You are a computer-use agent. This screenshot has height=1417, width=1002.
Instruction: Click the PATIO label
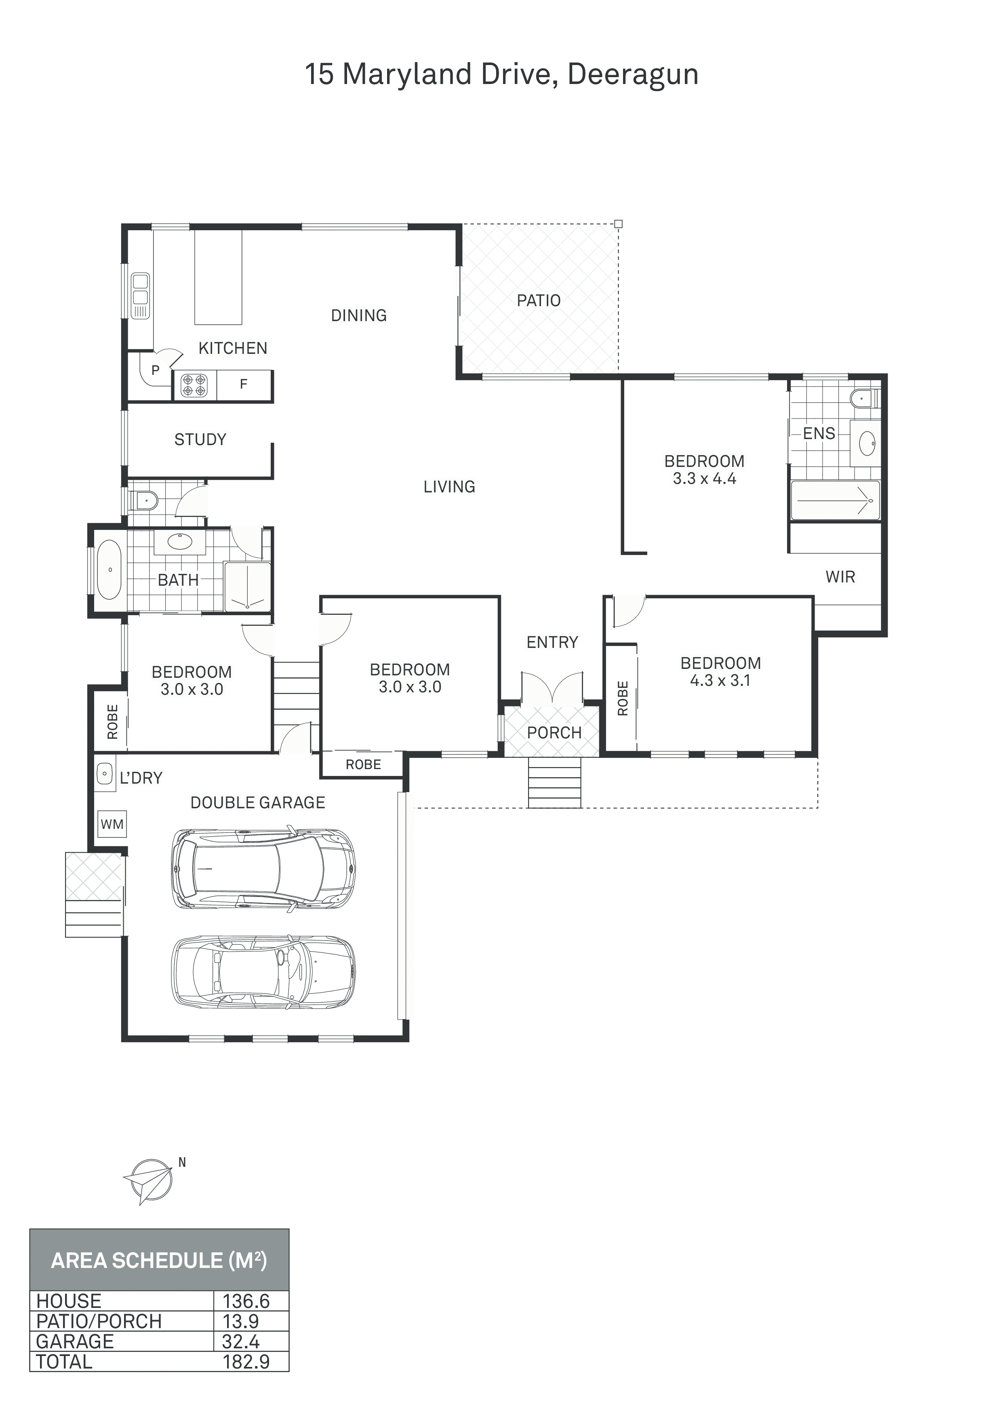click(538, 301)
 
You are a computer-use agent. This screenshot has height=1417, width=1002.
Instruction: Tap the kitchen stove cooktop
click(193, 385)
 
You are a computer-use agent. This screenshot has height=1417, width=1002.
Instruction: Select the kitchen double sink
click(141, 296)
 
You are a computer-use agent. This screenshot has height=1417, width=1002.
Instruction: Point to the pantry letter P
click(156, 370)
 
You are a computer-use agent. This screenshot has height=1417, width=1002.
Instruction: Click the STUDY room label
click(200, 439)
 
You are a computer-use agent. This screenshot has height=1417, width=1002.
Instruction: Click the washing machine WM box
click(112, 824)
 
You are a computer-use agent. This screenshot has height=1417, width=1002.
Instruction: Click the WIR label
click(840, 577)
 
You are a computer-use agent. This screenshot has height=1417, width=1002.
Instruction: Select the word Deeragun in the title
click(633, 75)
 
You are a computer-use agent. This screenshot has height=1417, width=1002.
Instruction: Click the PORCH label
click(554, 733)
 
